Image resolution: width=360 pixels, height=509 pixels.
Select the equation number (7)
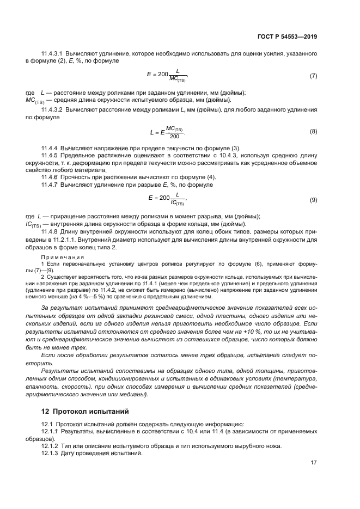pyautogui.click(x=313, y=76)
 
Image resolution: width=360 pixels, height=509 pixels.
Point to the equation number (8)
pyautogui.click(x=313, y=132)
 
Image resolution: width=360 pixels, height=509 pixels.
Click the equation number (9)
pyautogui.click(x=313, y=200)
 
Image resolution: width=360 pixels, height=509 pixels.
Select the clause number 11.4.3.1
pyautogui.click(x=53, y=53)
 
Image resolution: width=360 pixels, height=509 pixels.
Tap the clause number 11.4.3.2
pyautogui.click(x=53, y=110)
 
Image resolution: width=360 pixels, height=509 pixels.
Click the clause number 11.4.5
pyautogui.click(x=50, y=156)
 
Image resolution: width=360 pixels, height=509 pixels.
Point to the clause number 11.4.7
pyautogui.click(x=50, y=185)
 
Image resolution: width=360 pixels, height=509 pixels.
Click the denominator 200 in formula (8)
pyautogui.click(x=174, y=136)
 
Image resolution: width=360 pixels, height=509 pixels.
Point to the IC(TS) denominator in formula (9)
pyautogui.click(x=178, y=204)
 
